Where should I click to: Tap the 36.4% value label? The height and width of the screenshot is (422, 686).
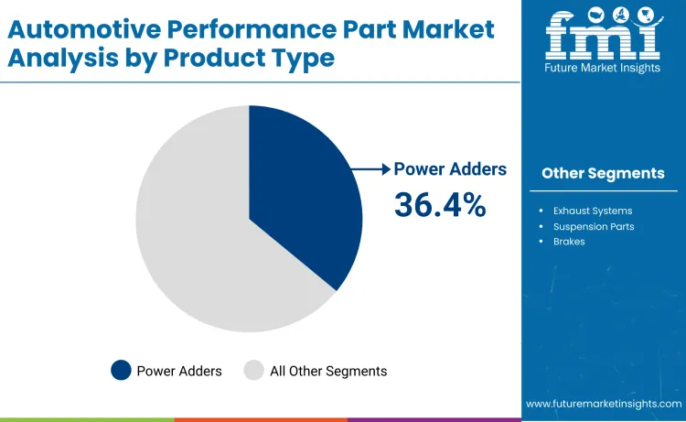[440, 205]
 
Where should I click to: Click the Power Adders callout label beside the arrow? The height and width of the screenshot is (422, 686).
[450, 169]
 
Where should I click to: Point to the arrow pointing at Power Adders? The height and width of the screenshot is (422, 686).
[372, 168]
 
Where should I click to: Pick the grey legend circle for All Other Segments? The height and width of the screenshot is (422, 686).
[253, 371]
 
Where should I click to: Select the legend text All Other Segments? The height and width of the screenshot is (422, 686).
[328, 371]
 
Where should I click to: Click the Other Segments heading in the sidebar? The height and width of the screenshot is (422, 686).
[603, 173]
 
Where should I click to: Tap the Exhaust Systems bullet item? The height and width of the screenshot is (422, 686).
[592, 211]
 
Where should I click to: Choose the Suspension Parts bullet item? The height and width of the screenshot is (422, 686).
[592, 226]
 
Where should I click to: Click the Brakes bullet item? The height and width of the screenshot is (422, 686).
[569, 242]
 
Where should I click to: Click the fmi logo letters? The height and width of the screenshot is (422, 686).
[603, 34]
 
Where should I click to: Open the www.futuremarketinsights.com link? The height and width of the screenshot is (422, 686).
[604, 404]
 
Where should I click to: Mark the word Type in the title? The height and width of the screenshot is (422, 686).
[304, 58]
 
